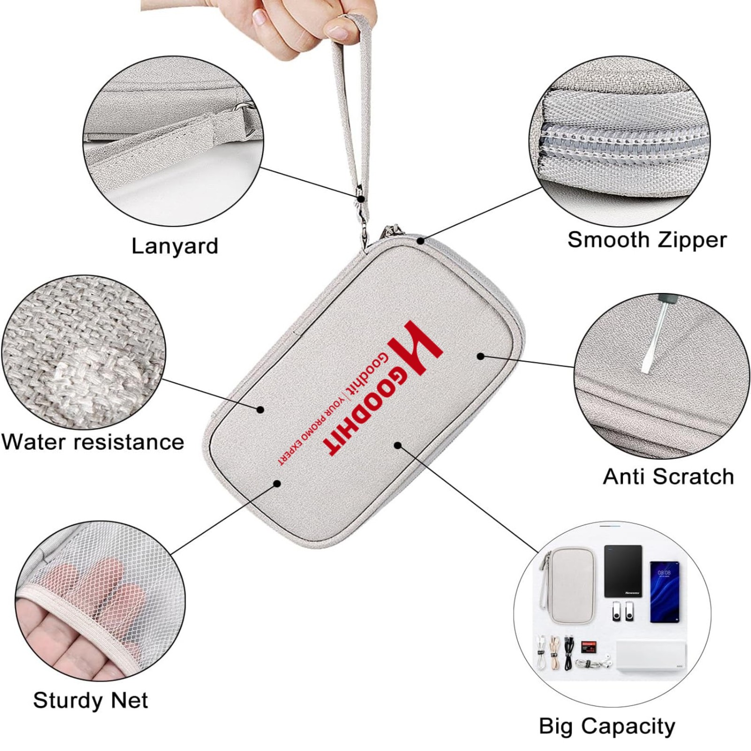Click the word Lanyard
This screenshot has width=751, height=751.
[x=175, y=246]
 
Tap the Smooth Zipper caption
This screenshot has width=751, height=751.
[x=647, y=240]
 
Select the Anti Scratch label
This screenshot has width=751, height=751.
[x=668, y=476]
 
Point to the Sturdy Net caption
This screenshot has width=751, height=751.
[x=91, y=700]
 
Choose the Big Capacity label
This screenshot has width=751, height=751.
[x=607, y=726]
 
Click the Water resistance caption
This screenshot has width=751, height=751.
[x=93, y=442]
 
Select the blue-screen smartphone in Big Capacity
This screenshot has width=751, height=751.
[x=665, y=591]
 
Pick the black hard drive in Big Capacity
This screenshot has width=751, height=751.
[x=623, y=571]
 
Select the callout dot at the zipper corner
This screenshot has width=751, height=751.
[x=421, y=241]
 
